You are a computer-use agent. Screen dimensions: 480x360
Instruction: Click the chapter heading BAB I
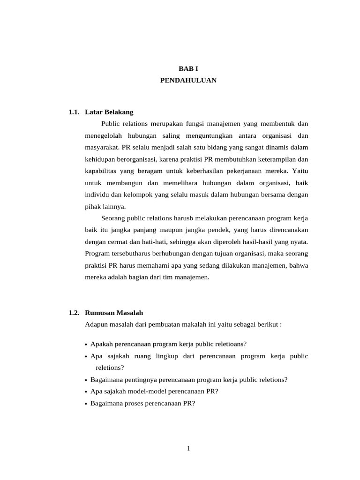[188, 68]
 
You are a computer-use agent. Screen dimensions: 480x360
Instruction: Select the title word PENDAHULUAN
[188, 80]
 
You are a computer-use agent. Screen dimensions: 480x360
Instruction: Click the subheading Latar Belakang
[109, 112]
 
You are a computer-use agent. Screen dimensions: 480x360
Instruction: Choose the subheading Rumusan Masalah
[114, 313]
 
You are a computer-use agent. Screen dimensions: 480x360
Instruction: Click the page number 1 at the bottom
[188, 449]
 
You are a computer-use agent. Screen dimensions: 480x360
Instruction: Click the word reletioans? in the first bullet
[230, 344]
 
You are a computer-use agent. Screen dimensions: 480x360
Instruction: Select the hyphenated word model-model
[143, 391]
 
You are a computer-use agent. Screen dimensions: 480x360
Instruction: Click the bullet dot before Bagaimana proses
[87, 403]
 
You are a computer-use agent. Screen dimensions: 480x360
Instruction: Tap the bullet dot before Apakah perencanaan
[87, 345]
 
